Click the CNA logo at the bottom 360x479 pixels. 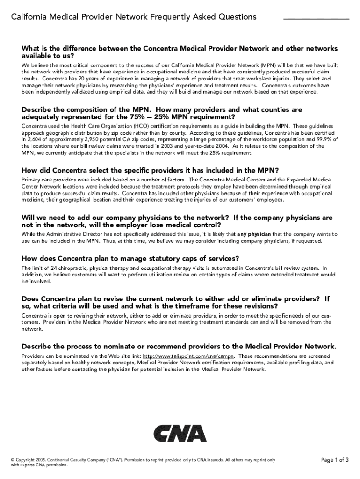[180, 434]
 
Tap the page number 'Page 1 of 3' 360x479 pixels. [335, 460]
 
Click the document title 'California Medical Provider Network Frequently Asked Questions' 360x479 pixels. [134, 17]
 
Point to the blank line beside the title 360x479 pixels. [316, 19]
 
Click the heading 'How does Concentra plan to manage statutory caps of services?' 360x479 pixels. [130, 258]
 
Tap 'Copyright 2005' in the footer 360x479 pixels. [30, 460]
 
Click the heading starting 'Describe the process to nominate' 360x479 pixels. [179, 347]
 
